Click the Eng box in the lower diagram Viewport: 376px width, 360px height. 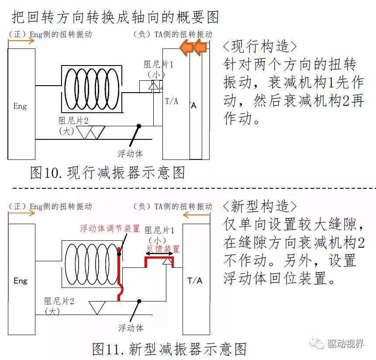(x=21, y=280)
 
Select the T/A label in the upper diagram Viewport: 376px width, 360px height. (x=172, y=101)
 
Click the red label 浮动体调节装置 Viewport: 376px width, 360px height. (x=110, y=228)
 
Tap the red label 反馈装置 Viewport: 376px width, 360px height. (x=162, y=249)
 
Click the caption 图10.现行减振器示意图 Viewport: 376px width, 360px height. (x=107, y=173)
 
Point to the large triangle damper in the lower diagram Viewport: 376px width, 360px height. (x=97, y=307)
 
